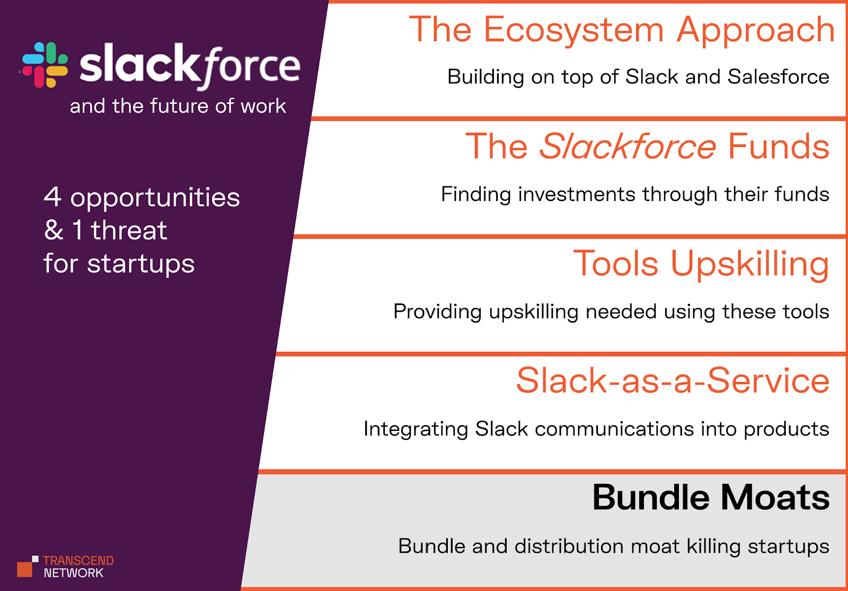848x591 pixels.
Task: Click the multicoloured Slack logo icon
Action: point(45,65)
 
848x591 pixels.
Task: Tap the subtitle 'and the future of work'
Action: point(178,106)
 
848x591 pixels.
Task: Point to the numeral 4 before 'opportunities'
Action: point(52,197)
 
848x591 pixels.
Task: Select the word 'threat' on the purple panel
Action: point(129,230)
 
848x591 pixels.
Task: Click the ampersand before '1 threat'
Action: point(54,230)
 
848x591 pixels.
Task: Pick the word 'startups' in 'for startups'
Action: point(141,264)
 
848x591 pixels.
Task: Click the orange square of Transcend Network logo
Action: point(24,569)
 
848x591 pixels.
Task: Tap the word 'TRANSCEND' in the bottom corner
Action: point(78,561)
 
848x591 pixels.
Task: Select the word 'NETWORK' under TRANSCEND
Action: point(74,573)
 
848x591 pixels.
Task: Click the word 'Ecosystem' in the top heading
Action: point(573,30)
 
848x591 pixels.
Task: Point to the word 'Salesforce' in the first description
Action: point(778,77)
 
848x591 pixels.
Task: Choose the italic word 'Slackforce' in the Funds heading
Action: point(628,146)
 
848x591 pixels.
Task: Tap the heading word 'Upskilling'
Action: point(749,264)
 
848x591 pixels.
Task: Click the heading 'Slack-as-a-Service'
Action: point(673,381)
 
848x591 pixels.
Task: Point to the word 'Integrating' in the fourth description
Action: point(416,429)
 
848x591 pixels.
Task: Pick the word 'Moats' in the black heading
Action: point(775,498)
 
